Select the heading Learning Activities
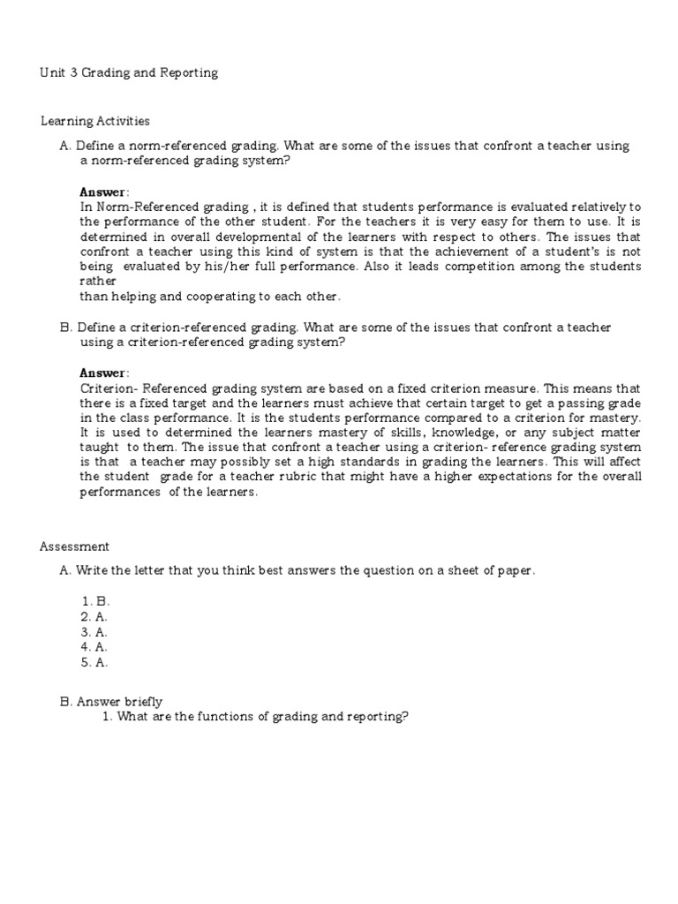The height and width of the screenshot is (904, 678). (94, 121)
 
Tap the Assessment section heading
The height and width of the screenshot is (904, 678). (74, 546)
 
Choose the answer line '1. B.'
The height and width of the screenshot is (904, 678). (94, 600)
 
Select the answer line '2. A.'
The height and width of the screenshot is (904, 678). (94, 616)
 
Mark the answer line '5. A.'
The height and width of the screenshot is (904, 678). (94, 662)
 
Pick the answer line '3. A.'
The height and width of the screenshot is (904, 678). (94, 631)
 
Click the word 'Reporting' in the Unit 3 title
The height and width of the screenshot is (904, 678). (189, 73)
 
